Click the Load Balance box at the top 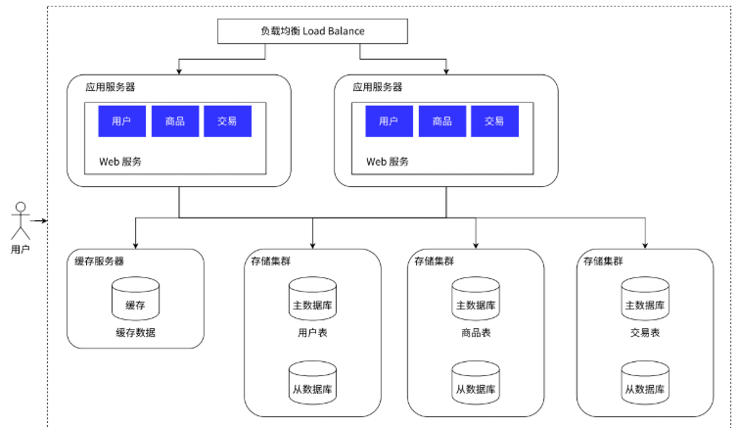(x=312, y=31)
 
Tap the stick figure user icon (x=21, y=221)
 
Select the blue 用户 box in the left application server (x=121, y=121)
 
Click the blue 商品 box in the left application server (x=175, y=121)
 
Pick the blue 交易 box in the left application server (x=227, y=121)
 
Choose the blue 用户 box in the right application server (x=389, y=121)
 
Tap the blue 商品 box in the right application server (x=442, y=121)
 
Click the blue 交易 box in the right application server (x=494, y=121)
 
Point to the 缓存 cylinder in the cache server (x=135, y=299)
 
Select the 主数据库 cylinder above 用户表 (x=312, y=299)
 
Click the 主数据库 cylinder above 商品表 (x=476, y=299)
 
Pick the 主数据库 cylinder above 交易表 (x=645, y=299)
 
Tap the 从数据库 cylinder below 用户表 (x=312, y=383)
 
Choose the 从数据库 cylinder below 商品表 (x=476, y=383)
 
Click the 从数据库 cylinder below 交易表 (x=645, y=383)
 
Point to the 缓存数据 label (x=135, y=333)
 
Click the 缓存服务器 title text (x=99, y=261)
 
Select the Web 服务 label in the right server (x=388, y=162)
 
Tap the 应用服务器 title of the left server (x=111, y=87)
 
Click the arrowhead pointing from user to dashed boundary (x=44, y=220)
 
